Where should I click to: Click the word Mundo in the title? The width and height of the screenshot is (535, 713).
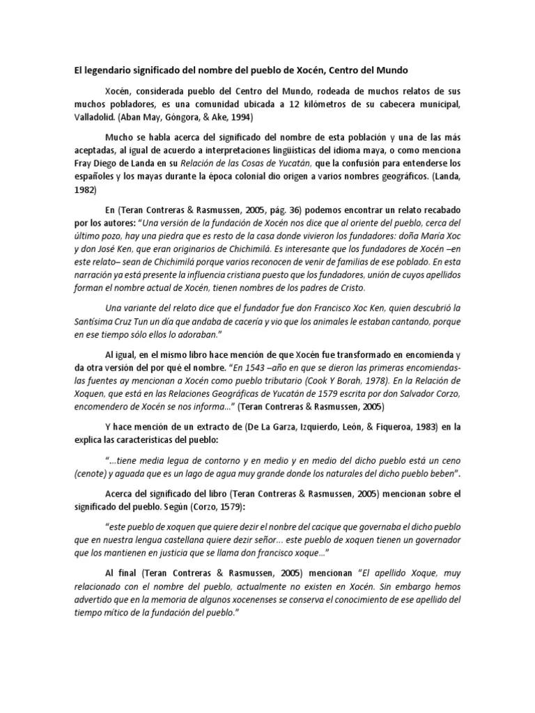392,70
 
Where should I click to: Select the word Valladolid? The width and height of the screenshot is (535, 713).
96,117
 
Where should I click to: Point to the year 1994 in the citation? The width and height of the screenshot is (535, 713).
241,117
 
